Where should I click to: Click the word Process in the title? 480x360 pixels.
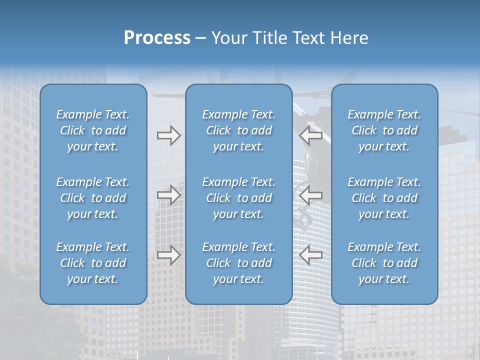click(x=157, y=38)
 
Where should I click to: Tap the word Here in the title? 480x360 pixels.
click(x=349, y=38)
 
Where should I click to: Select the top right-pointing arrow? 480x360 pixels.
click(x=168, y=135)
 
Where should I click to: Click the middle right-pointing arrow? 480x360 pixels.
click(x=168, y=195)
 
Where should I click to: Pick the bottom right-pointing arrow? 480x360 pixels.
click(x=168, y=255)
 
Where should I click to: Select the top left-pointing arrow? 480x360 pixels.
click(x=310, y=135)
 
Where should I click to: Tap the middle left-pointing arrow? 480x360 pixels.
click(x=310, y=195)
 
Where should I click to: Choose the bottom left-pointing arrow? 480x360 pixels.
click(x=310, y=255)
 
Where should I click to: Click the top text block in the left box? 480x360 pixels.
click(x=93, y=130)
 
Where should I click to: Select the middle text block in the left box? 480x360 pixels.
click(x=93, y=198)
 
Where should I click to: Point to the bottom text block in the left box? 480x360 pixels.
click(x=93, y=263)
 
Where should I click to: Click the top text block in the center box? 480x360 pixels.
click(x=239, y=130)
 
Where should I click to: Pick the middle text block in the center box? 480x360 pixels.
click(x=239, y=198)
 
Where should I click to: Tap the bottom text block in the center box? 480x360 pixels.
click(x=239, y=263)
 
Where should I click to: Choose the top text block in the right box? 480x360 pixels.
click(x=384, y=130)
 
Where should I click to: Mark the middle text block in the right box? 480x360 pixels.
click(x=384, y=198)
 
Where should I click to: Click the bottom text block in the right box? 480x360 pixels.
click(x=384, y=263)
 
